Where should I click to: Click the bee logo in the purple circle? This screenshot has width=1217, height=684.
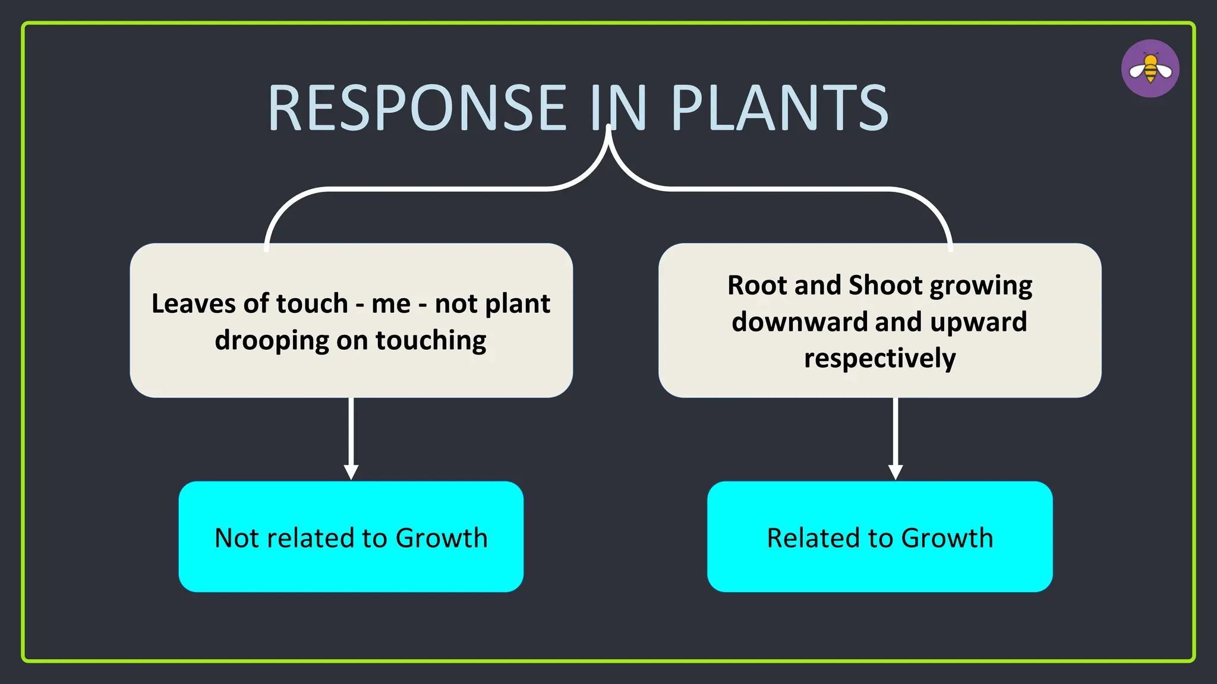coord(1150,69)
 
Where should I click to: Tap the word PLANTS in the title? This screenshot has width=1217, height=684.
coord(779,108)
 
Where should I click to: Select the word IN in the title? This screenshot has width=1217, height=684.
coord(619,108)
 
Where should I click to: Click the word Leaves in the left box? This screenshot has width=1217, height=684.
coord(193,303)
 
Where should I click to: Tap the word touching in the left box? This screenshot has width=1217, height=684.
coord(431,341)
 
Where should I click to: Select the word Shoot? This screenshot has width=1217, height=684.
coord(885,285)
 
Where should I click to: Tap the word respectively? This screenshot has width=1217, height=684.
coord(879,359)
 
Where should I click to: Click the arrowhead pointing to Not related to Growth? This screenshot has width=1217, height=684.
coord(351,472)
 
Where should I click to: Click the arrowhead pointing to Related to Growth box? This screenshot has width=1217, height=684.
coord(896,472)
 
